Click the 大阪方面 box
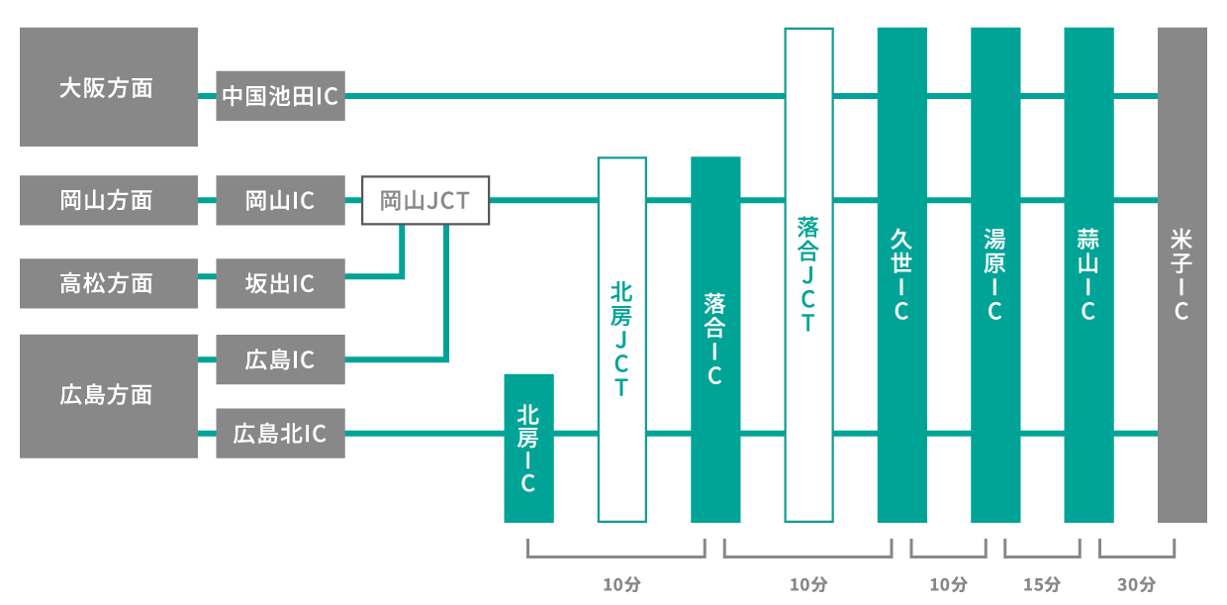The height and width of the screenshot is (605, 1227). pos(108,87)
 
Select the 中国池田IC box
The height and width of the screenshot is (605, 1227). pos(280,96)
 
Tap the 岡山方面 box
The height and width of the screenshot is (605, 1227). pos(108,200)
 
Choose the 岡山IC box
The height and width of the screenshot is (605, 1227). pos(280,200)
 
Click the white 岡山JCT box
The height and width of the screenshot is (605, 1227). pos(425,201)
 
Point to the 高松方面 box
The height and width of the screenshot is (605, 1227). pos(108,283)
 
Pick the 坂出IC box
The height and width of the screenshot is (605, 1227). pos(280,283)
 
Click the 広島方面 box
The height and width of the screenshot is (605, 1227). pos(108,395)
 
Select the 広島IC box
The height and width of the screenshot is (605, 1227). pos(280,359)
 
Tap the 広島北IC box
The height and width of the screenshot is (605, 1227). pos(280,433)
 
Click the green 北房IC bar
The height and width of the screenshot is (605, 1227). pos(528,448)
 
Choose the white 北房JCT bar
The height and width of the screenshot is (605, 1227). pos(621,339)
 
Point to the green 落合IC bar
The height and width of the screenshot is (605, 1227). pos(715,339)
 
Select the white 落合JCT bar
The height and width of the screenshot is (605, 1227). pos(808,274)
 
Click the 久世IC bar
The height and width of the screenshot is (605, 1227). pos(901,274)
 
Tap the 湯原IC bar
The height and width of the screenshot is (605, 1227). pos(995,274)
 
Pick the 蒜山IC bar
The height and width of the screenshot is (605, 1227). pos(1088,274)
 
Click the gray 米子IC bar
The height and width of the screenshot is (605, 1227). pos(1181,274)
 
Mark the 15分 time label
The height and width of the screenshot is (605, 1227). pos(1041,584)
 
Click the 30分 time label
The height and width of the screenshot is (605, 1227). pos(1136,584)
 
